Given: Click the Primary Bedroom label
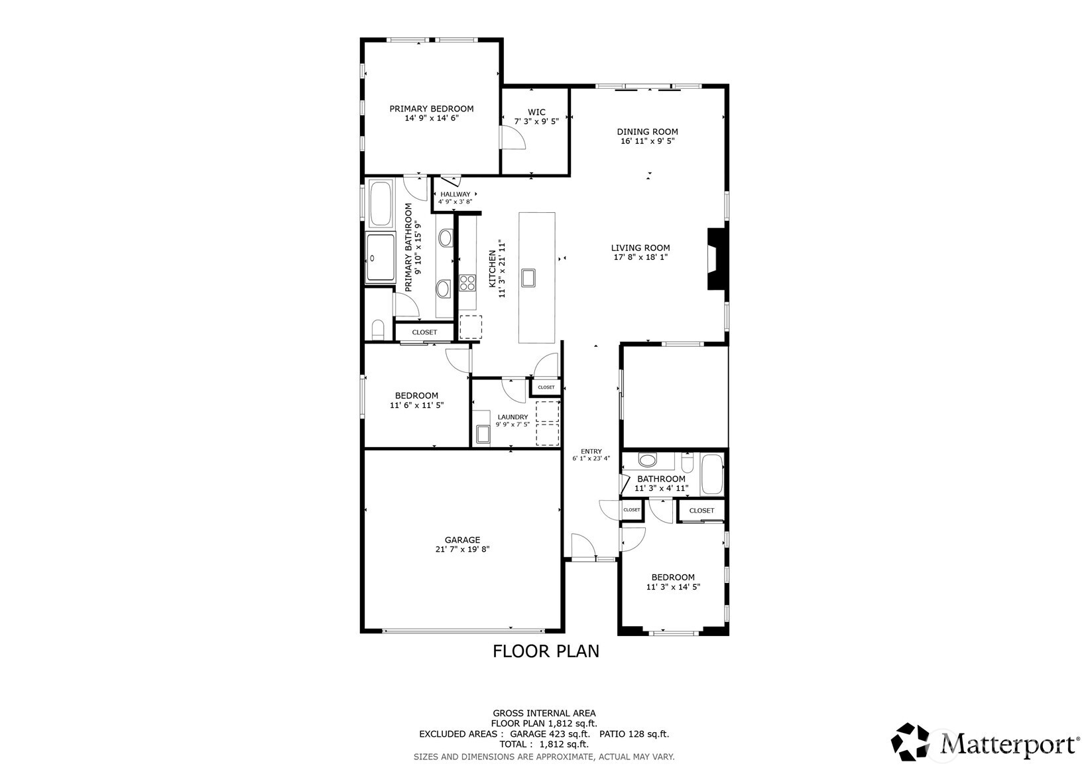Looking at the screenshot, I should pos(431,109).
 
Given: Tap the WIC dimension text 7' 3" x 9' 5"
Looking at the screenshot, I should pos(536,121).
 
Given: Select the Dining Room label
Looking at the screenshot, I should pos(647,132).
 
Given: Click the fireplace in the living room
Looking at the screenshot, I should pos(717,259).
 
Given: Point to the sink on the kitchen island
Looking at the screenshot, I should pos(528,277).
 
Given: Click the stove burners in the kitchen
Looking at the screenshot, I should pos(467,283).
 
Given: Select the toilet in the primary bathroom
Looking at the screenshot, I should pos(378,330).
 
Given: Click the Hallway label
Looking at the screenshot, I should pos(455,194).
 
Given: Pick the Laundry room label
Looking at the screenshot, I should pos(513,417).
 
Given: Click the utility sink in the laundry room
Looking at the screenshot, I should pos(483,434).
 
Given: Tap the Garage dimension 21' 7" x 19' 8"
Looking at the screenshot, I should pos(462,549).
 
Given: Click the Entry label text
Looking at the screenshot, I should pos(591,451).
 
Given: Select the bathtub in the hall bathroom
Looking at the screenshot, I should pos(712,474).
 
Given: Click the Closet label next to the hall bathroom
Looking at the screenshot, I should pos(701,511).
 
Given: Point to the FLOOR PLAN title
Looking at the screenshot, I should pos(546,651).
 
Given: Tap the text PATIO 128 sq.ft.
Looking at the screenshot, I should pos(634,734).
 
